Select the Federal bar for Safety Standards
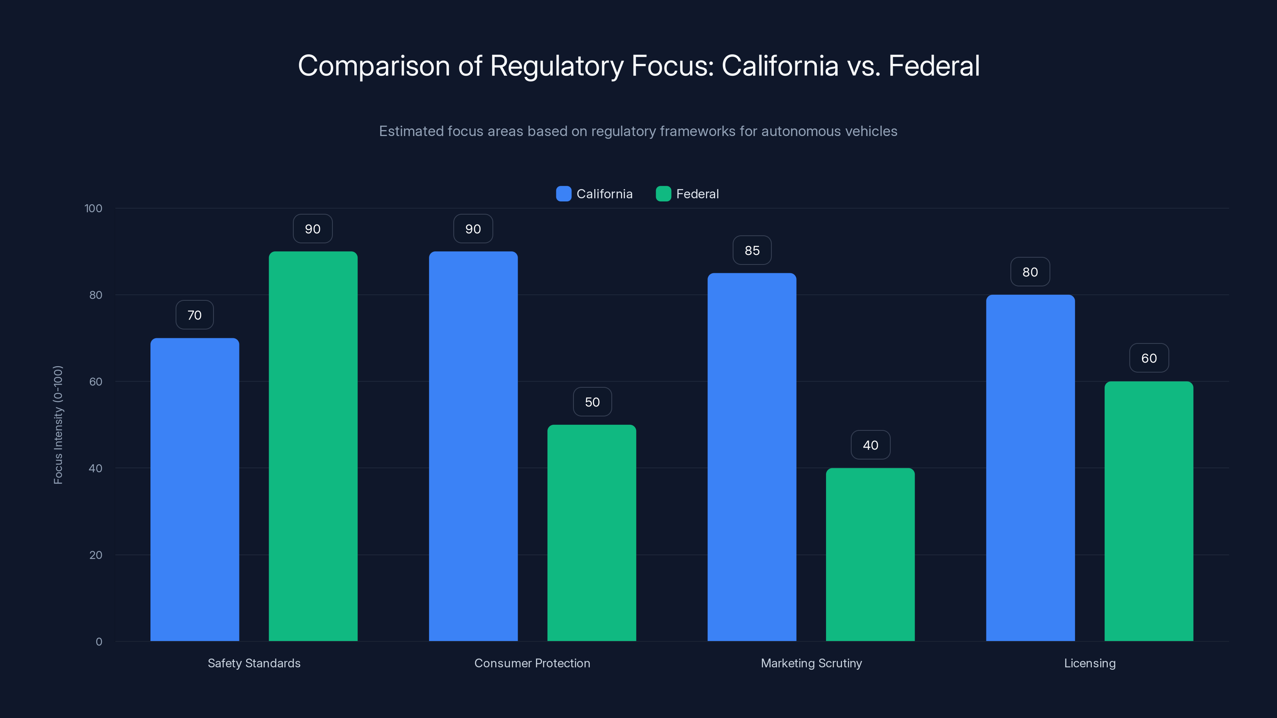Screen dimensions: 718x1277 [313, 446]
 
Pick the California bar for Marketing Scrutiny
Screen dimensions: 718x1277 [751, 457]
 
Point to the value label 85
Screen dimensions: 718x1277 [752, 251]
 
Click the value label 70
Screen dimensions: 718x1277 [194, 315]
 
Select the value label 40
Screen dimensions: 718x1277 [870, 445]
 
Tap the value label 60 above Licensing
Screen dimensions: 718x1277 [1149, 358]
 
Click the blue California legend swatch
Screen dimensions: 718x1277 [563, 194]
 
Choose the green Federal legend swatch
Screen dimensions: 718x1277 [663, 194]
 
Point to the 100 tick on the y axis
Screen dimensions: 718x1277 [93, 209]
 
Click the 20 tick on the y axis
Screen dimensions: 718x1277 [96, 555]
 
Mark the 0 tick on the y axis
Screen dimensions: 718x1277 [99, 642]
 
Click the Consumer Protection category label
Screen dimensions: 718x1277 [532, 663]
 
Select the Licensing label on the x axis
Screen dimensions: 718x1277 [1089, 663]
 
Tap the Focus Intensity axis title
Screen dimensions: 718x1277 [58, 425]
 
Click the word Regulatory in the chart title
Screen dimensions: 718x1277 [556, 66]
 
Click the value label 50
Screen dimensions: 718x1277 [592, 402]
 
